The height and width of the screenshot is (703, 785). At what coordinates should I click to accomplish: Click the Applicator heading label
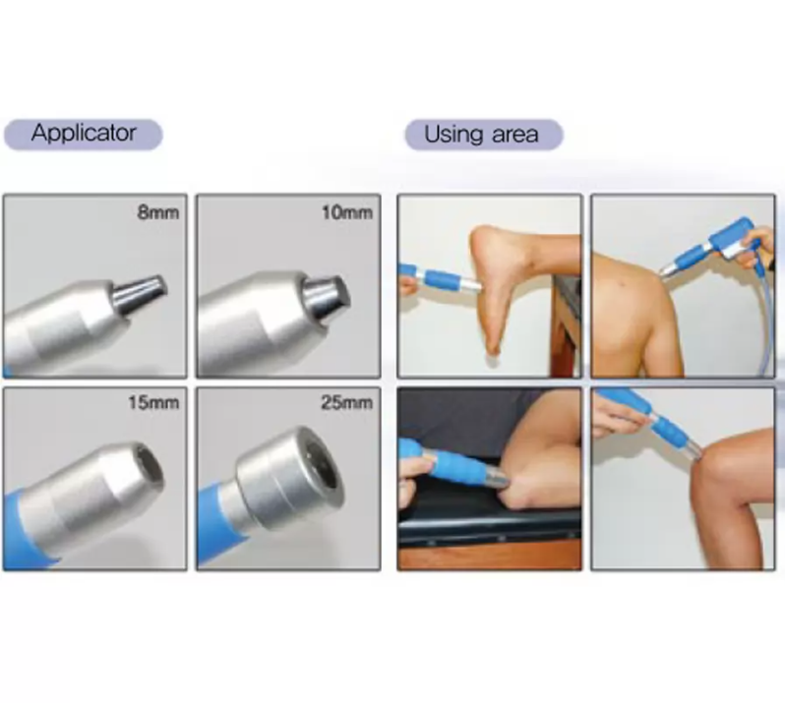[x=83, y=133]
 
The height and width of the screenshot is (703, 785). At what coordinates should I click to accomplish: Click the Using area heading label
[x=482, y=134]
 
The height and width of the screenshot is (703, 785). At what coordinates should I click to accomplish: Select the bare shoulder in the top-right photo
[x=630, y=295]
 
